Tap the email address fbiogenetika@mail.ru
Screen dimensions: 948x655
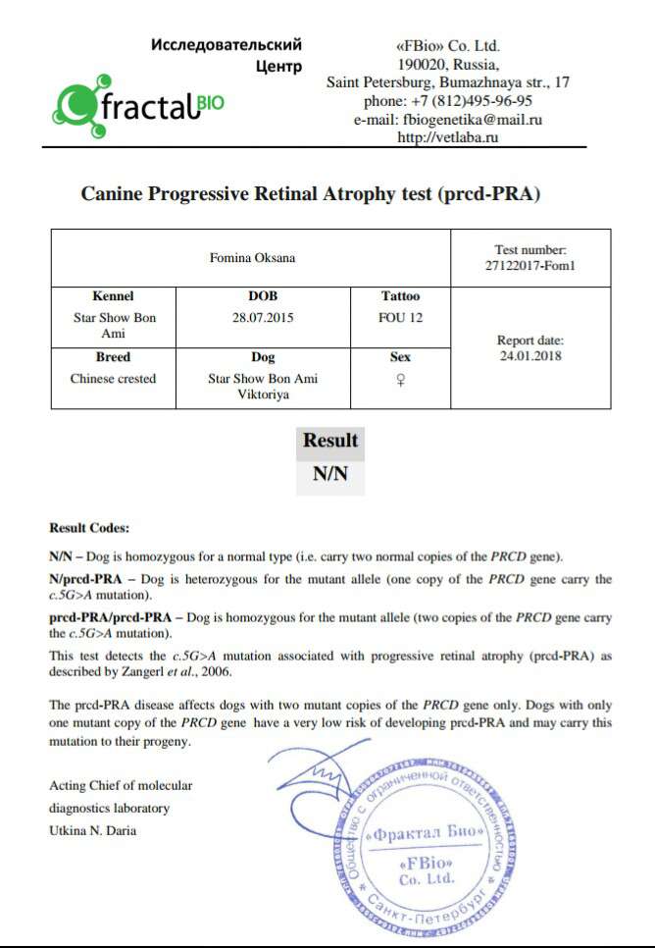click(448, 120)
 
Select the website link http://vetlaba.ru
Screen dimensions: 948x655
click(448, 138)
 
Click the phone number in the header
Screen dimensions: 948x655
click(448, 100)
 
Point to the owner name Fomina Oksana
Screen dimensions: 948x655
click(252, 258)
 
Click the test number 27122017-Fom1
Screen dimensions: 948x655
click(530, 265)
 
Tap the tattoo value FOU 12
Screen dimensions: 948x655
click(400, 318)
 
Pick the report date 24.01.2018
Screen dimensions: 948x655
click(530, 356)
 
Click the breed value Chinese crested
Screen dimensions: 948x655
click(113, 379)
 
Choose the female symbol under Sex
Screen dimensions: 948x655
click(400, 380)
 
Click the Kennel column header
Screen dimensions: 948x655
click(113, 296)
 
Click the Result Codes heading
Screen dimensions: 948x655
click(89, 528)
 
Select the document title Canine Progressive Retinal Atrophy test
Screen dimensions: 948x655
click(310, 194)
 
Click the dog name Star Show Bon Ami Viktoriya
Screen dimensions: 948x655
click(263, 387)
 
